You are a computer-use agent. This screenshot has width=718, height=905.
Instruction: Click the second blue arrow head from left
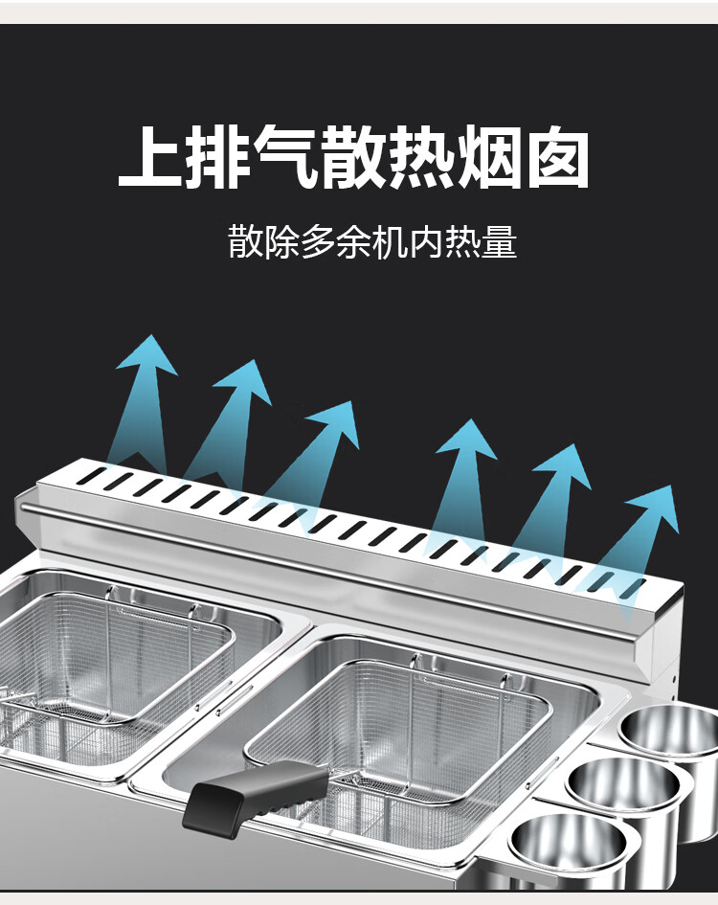[x=244, y=380]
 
